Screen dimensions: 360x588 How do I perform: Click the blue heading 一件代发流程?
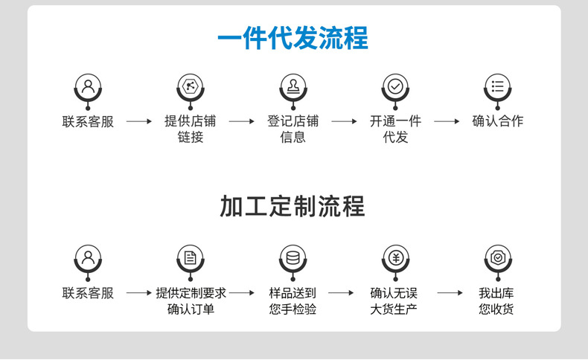point(293,39)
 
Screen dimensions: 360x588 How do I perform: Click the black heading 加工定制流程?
point(293,206)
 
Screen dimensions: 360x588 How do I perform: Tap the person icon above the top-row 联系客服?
point(88,86)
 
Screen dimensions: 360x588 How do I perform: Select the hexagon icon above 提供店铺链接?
point(190,86)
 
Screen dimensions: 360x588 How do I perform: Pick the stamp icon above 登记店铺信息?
point(293,86)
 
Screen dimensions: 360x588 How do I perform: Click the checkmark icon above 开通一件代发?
point(395,86)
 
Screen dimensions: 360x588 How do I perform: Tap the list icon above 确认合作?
point(497,86)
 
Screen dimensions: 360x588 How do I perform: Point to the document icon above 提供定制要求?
point(190,258)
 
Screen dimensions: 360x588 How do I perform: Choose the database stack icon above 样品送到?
point(293,258)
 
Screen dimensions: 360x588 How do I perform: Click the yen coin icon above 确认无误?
point(395,258)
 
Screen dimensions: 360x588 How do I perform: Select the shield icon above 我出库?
point(497,258)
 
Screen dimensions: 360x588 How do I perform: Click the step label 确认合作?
point(497,121)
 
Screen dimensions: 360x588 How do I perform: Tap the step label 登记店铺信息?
point(293,129)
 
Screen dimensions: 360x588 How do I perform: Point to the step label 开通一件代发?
point(395,129)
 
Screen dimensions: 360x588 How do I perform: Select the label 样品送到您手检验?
point(293,300)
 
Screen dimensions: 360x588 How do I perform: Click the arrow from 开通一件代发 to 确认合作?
point(447,121)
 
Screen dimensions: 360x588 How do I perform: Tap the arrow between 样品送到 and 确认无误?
point(341,293)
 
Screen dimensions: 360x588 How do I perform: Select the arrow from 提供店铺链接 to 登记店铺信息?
point(241,121)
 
